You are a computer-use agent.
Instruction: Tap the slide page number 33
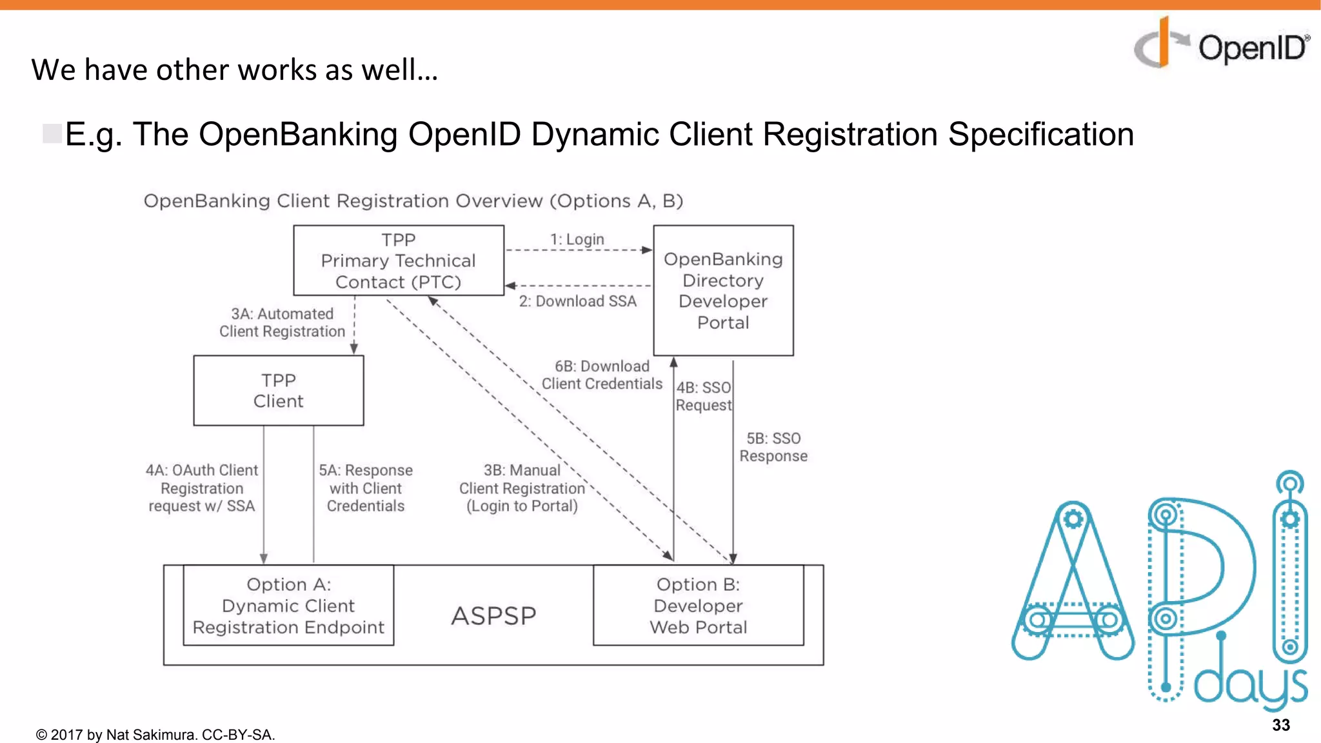(x=1280, y=725)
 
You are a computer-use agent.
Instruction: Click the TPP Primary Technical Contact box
(x=398, y=261)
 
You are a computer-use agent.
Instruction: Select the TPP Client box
(x=278, y=391)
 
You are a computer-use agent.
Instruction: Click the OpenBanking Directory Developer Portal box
(x=723, y=290)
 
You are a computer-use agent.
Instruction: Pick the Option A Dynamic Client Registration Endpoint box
(x=288, y=606)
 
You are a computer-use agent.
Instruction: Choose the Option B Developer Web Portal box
(x=698, y=606)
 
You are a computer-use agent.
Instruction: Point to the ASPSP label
(x=493, y=616)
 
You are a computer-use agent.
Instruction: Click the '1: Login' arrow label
(x=577, y=239)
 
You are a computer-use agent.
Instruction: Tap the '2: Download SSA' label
(x=577, y=301)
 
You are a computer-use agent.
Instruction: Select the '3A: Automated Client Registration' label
(x=282, y=322)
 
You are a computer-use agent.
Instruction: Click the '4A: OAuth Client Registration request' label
(x=202, y=488)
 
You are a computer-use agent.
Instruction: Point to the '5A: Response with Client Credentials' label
(x=366, y=488)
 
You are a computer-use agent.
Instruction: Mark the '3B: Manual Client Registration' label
(x=522, y=488)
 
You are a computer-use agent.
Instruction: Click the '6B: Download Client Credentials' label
(x=601, y=375)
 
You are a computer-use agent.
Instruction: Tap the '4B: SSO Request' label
(x=703, y=396)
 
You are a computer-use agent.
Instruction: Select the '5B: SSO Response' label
(x=773, y=447)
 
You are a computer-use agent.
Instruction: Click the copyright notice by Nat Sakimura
(x=155, y=735)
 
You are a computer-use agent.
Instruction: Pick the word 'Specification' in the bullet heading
(x=1040, y=135)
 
